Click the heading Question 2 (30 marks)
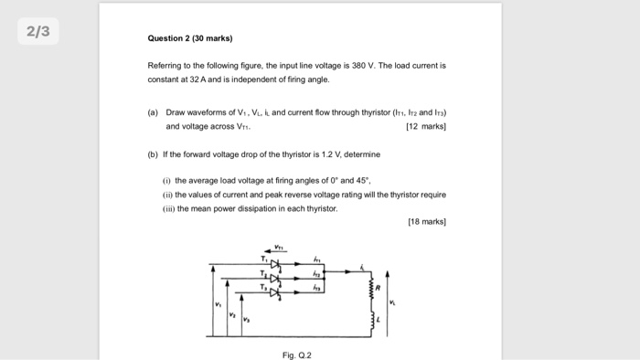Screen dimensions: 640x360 190,39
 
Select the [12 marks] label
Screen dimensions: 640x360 425,126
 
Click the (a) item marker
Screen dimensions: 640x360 153,112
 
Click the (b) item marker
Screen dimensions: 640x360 153,154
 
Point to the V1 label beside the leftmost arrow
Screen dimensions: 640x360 218,302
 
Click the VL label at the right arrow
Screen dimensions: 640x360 394,302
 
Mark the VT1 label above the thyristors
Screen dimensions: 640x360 280,246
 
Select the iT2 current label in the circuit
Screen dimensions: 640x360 316,272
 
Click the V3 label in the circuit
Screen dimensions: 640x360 246,319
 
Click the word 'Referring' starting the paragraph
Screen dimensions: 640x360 165,67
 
